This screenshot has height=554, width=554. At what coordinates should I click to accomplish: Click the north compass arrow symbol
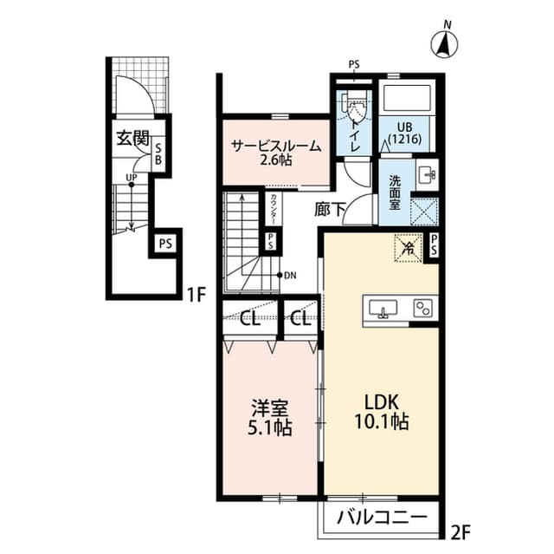(444, 42)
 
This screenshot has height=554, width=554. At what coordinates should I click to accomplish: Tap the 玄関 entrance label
(134, 138)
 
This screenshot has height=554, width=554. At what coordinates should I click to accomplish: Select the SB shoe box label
(158, 154)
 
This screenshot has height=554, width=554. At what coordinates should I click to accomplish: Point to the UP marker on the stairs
(131, 179)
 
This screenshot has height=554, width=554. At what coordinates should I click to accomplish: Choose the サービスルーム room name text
(275, 147)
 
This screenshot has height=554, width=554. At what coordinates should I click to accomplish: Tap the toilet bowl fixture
(352, 108)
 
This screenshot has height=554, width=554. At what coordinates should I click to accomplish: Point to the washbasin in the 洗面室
(428, 174)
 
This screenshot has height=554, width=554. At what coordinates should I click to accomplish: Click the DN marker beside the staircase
(289, 275)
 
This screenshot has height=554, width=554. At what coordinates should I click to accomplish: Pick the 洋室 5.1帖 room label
(270, 417)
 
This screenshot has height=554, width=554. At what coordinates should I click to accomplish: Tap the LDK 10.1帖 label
(380, 412)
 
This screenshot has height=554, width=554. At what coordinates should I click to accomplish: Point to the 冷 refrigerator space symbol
(407, 247)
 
